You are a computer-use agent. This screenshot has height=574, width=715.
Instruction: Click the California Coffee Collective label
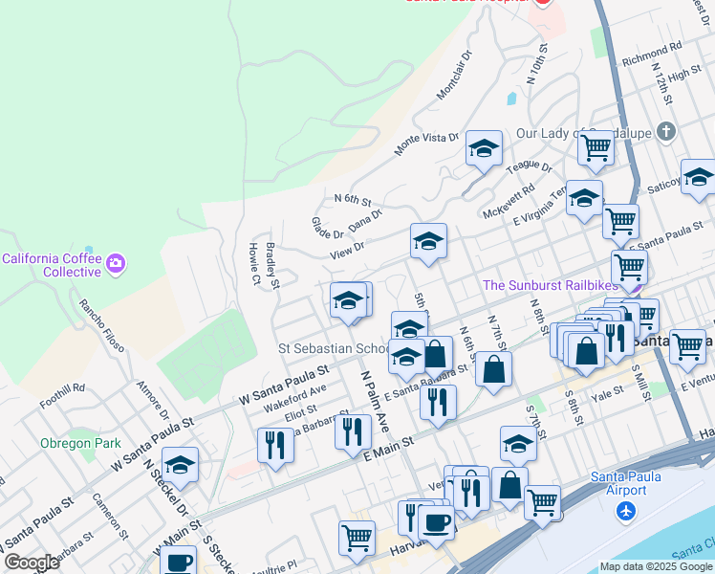pos(51,265)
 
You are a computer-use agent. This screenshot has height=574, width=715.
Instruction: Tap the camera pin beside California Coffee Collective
pos(116,261)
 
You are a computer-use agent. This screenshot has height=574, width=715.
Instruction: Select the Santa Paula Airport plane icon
pos(626,512)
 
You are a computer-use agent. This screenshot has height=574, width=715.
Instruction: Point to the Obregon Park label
pos(80,443)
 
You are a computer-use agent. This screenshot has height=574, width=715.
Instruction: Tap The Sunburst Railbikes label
pos(548,285)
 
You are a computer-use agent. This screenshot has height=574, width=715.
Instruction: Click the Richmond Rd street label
pos(651,58)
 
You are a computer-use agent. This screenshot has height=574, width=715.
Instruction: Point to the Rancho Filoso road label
pos(101,325)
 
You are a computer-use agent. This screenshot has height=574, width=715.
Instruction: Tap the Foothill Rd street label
pos(65,396)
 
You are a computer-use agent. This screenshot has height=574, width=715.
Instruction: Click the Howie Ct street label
pos(254,264)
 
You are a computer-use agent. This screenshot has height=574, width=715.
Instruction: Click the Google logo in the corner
pos(32,563)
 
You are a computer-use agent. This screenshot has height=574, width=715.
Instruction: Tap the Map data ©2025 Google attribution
pos(655,566)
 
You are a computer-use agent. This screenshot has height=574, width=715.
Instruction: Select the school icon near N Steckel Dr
pos(180,465)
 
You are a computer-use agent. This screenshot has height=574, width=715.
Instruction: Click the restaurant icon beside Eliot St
pos(275,444)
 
